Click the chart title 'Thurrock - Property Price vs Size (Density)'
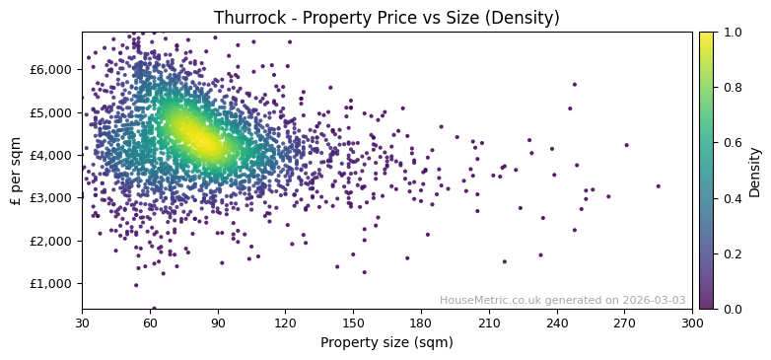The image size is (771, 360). coord(386,18)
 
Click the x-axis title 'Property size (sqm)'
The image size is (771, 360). coord(386,343)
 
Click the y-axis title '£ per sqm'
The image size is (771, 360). coord(16,171)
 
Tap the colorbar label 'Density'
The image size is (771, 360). coord(754,171)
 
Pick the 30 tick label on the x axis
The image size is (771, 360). coord(82,323)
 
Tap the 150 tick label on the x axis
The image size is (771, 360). coord(353,323)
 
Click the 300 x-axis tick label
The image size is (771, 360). coord(692,323)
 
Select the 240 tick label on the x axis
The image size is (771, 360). coord(556,323)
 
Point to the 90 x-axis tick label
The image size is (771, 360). coord(218,323)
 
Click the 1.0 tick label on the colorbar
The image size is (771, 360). coord(732,33)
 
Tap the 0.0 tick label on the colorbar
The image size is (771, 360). coord(732,309)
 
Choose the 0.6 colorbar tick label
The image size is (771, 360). coord(732,143)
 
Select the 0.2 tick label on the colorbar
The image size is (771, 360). coord(732,253)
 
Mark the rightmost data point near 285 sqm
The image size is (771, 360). coord(659,185)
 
